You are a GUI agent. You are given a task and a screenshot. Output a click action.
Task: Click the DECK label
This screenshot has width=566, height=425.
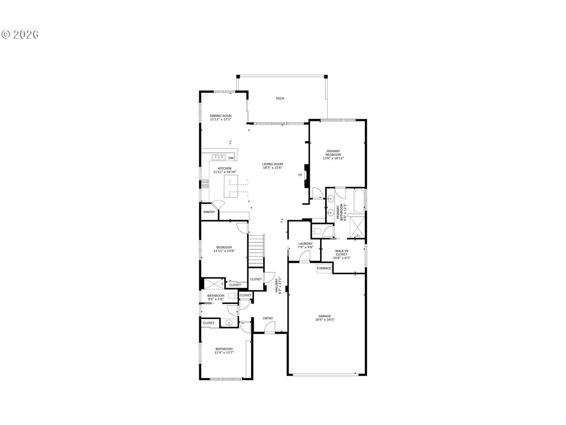280,98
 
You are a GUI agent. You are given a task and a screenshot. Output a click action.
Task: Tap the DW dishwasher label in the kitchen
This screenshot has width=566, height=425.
231,158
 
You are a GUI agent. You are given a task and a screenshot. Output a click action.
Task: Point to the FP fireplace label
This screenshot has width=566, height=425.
300,175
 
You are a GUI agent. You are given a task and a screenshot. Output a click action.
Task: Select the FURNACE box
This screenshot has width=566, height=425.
324,268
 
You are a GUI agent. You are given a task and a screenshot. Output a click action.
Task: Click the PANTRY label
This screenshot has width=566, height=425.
209,212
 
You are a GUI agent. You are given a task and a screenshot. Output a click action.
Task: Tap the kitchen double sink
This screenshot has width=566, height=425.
219,157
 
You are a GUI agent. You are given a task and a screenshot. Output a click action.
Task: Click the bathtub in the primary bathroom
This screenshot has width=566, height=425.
359,201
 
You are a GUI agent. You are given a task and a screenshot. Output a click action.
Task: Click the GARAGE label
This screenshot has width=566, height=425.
324,316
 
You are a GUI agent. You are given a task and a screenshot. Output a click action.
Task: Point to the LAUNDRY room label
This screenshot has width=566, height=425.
305,244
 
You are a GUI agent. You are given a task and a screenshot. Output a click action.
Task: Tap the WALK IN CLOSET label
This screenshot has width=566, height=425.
341,253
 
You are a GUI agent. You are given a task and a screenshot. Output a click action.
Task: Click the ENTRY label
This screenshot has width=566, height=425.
268,318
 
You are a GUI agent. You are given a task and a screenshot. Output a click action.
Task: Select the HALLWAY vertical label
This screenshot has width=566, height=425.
276,285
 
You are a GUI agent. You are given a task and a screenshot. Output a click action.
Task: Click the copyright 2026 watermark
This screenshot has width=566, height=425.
20,34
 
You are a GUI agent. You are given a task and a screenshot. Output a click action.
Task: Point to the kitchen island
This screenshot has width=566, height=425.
231,186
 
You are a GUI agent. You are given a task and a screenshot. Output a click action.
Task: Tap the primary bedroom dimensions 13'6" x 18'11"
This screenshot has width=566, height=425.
333,158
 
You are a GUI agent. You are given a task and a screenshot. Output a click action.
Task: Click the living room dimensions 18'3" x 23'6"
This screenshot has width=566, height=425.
272,168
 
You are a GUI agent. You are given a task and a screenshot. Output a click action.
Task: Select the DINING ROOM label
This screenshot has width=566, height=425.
220,116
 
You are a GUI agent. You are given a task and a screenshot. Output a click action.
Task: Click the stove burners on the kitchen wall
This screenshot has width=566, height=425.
205,184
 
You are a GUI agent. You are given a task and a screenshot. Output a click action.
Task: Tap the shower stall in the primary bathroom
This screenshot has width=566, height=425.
357,227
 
